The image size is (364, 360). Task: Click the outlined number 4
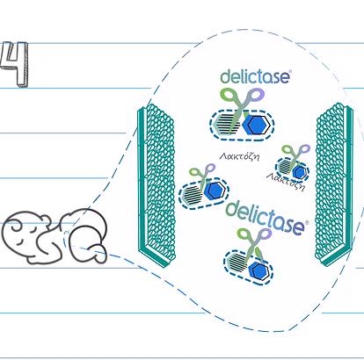[x=15, y=64]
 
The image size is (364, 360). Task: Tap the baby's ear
[x=45, y=220]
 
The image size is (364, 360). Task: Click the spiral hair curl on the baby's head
[x=15, y=226]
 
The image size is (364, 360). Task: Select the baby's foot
[x=98, y=254]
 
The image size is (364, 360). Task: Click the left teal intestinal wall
[x=157, y=185]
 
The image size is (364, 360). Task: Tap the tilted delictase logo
[x=266, y=218]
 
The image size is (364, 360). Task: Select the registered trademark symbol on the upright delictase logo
[x=290, y=71]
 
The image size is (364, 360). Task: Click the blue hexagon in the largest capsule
[x=256, y=125]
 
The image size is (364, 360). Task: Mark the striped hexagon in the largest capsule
[x=225, y=124]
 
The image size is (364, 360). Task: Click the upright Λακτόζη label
[x=240, y=156]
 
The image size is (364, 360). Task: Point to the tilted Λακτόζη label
[x=286, y=182]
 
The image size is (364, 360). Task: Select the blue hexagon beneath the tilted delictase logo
[x=258, y=270]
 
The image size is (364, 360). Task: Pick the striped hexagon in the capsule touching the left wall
[x=193, y=194]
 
